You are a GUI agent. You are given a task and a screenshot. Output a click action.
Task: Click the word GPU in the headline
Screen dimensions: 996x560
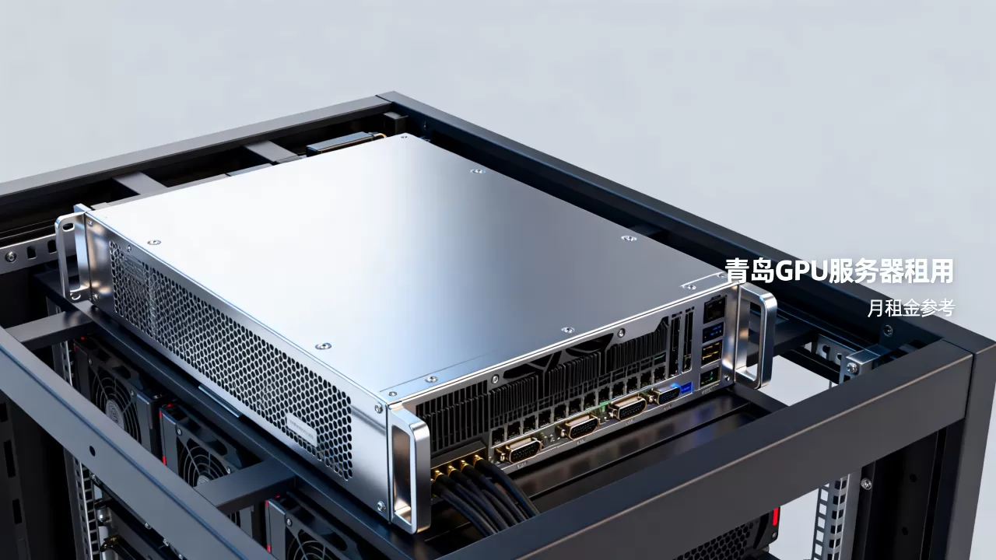coord(801,271)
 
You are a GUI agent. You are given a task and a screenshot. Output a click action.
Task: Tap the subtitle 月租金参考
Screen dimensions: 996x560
coord(911,308)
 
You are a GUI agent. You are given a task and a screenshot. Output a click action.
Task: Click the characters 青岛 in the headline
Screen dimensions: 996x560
coord(750,271)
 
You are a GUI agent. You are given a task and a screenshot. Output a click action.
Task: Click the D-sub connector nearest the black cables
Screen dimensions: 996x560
coord(518,453)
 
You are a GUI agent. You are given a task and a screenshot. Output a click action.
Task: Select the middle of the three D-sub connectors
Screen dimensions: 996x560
coord(579,429)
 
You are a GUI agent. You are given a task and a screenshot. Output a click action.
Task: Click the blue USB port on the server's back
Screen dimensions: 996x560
coord(714,331)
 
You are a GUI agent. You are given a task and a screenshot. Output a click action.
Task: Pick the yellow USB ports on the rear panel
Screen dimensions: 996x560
coord(711,352)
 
